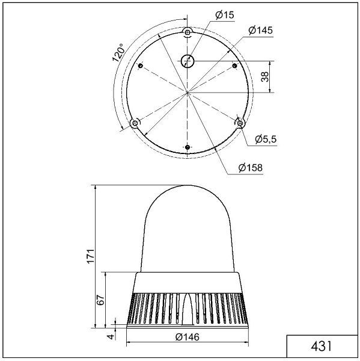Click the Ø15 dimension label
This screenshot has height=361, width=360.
pyautogui.click(x=225, y=15)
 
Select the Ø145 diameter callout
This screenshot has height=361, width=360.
pyautogui.click(x=261, y=30)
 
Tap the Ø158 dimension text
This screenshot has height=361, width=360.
pyautogui.click(x=251, y=168)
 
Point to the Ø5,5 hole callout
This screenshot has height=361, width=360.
pyautogui.click(x=266, y=139)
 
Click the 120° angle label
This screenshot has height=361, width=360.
pyautogui.click(x=118, y=53)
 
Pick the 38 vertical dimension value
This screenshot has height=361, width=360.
pyautogui.click(x=265, y=76)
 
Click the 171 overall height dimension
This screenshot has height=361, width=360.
pyautogui.click(x=91, y=256)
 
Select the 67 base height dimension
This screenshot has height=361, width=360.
pyautogui.click(x=100, y=300)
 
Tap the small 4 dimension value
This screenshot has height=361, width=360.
pyautogui.click(x=111, y=336)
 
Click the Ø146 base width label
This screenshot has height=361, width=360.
pyautogui.click(x=188, y=337)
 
